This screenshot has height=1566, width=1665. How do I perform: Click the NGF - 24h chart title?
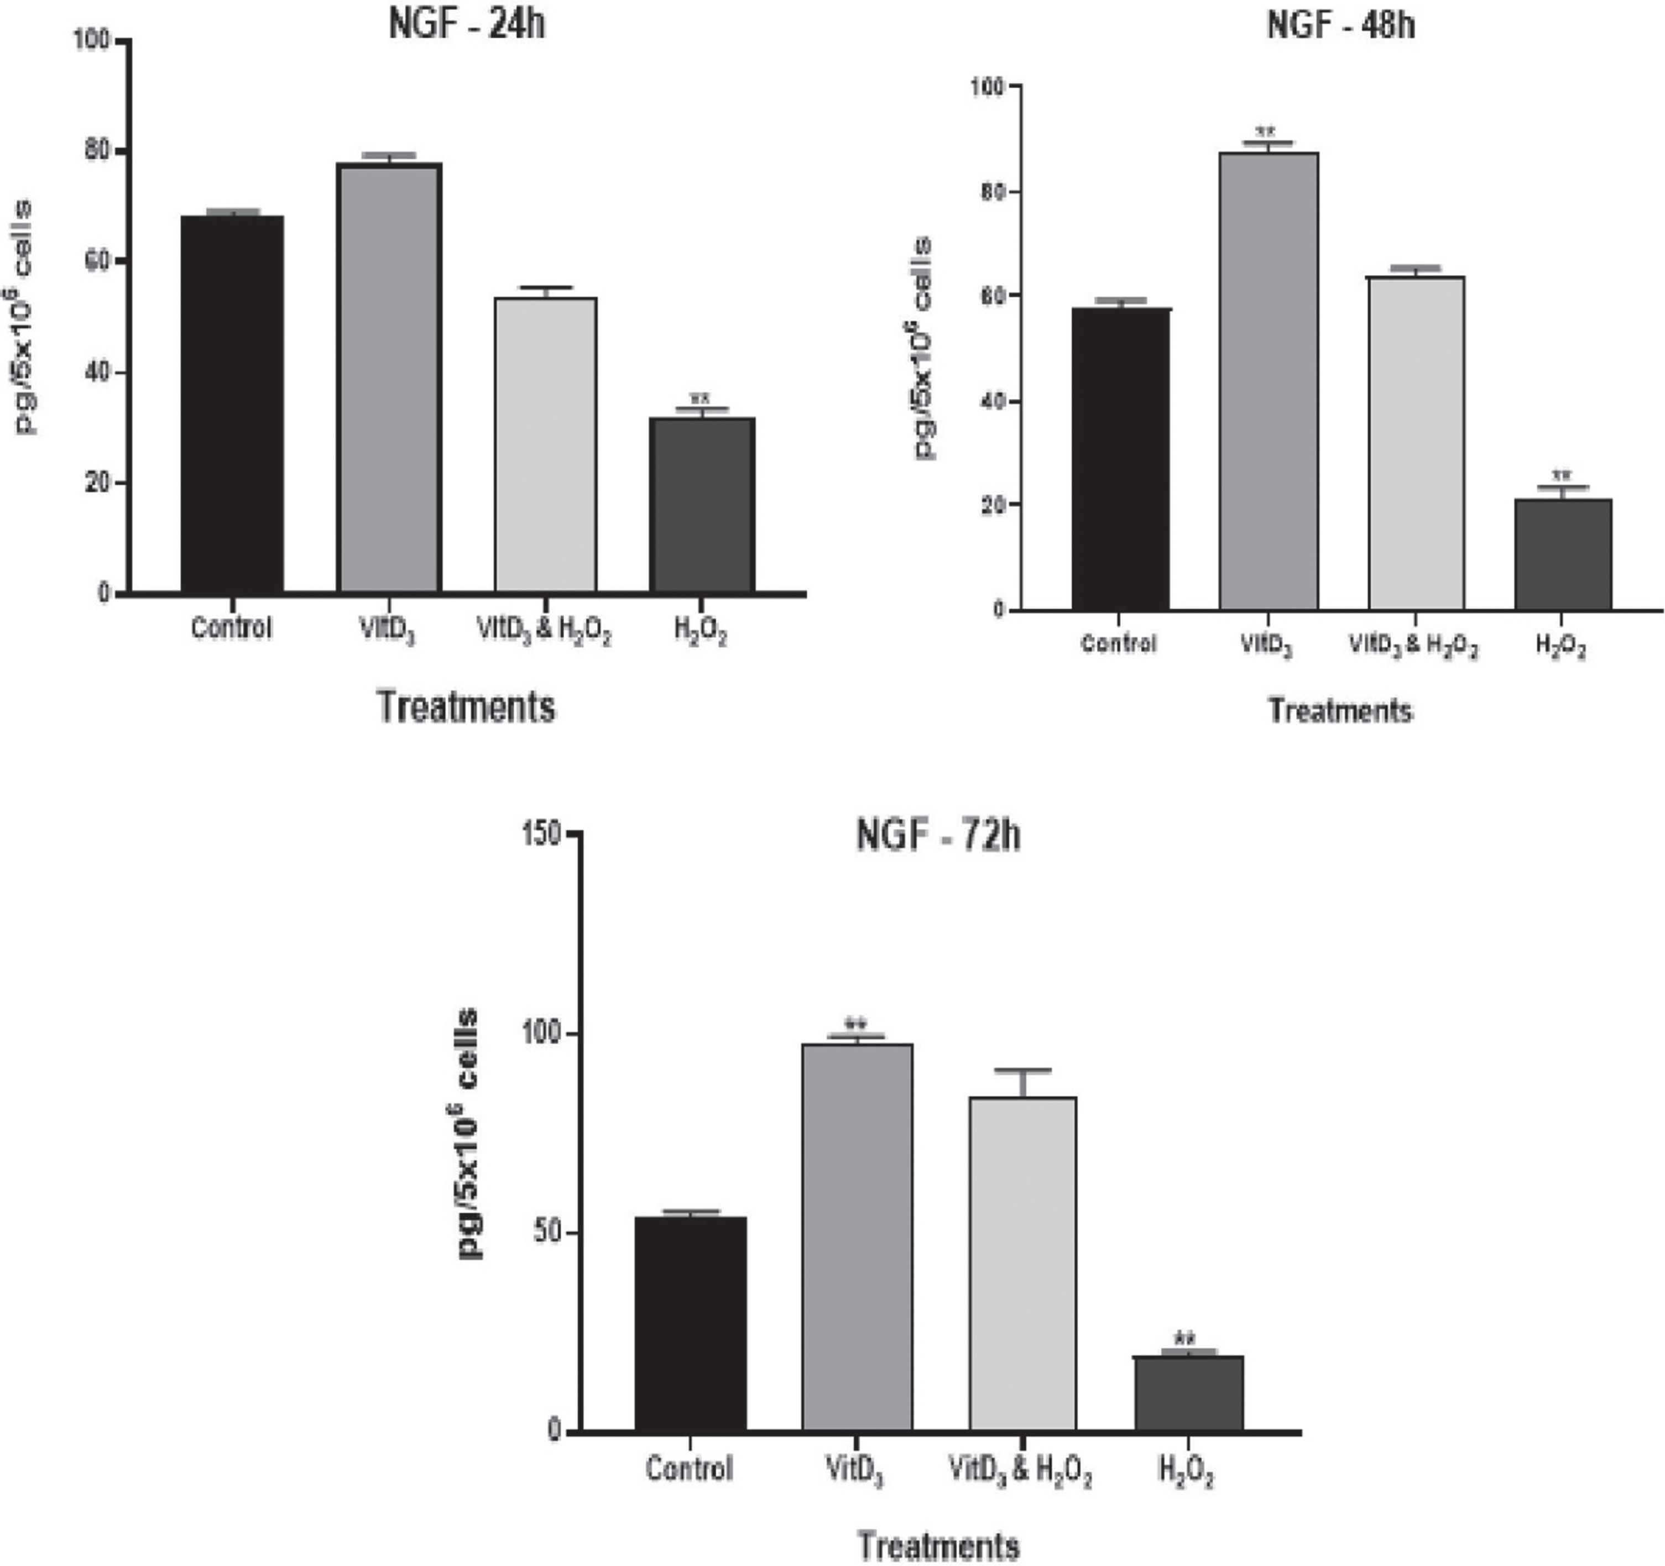(x=467, y=23)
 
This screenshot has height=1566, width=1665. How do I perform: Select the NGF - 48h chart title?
(x=1341, y=25)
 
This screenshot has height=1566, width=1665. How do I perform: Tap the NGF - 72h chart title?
(x=938, y=836)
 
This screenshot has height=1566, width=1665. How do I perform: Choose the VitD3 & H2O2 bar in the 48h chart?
(x=1416, y=443)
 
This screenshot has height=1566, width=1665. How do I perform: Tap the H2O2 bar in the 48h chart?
(x=1563, y=554)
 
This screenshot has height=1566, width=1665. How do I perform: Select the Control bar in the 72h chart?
(x=690, y=1324)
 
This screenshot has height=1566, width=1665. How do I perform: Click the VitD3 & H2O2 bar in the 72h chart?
(x=1022, y=1264)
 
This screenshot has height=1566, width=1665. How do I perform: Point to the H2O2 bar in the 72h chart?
(x=1188, y=1394)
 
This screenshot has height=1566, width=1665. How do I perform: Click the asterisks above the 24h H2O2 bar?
(x=700, y=399)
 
